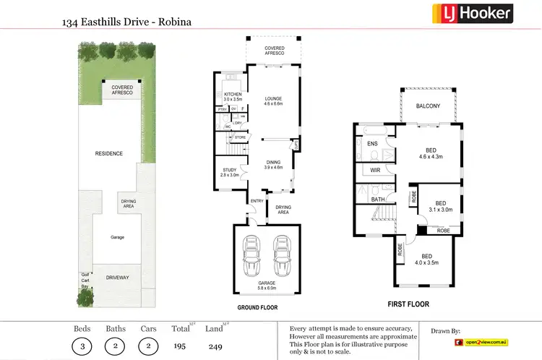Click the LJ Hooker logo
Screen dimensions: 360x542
473,13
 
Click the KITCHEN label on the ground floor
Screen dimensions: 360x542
232,98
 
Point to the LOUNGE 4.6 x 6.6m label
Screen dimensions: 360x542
272,101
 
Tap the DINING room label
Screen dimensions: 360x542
272,164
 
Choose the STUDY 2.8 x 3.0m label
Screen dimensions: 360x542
229,172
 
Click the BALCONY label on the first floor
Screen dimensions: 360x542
428,106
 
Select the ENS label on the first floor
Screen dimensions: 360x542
373,144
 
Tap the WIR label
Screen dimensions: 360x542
375,170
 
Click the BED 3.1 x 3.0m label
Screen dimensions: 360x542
441,206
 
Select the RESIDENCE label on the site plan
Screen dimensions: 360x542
109,153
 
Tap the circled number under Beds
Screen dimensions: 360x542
82,346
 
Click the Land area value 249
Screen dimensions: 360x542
213,346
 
